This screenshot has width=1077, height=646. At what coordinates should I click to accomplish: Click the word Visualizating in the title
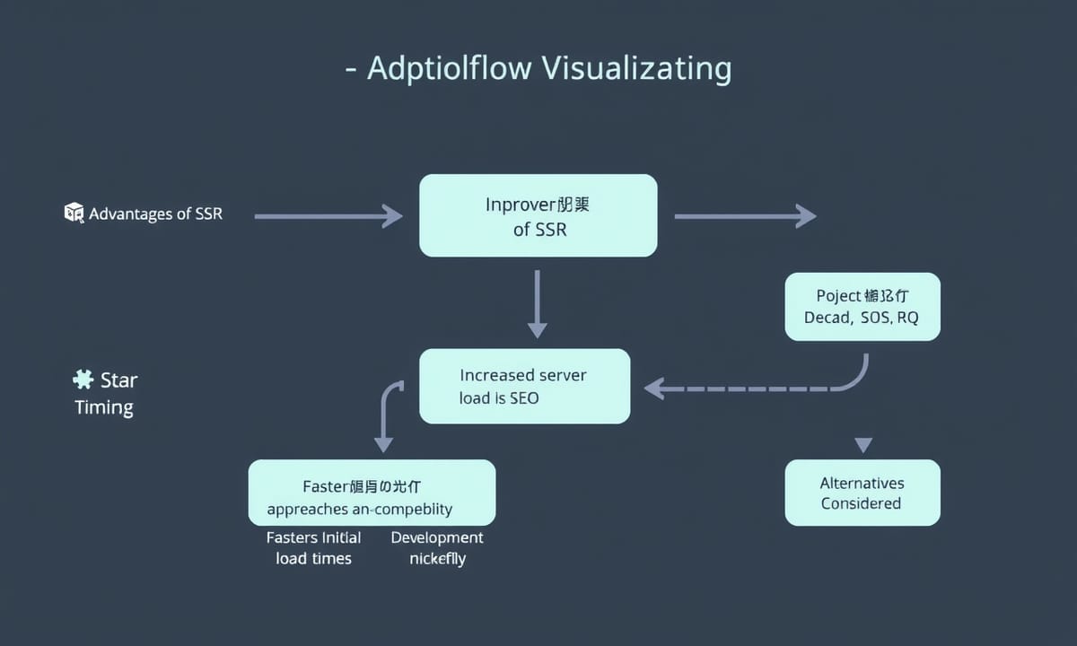click(636, 68)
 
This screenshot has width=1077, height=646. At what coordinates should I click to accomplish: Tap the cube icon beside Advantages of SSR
click(74, 213)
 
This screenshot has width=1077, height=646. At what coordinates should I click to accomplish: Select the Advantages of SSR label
click(155, 214)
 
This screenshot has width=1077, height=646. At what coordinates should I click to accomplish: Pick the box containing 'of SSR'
click(538, 215)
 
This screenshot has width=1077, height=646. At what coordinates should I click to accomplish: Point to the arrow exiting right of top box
click(744, 215)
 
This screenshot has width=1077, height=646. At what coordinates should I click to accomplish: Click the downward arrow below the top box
click(537, 304)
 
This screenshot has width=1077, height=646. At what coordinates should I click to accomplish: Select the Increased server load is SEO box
click(524, 386)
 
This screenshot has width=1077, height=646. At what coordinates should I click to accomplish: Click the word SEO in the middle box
click(524, 397)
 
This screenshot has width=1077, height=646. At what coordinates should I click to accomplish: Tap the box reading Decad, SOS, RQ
click(862, 307)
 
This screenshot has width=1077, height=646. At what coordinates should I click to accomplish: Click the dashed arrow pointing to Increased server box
click(745, 388)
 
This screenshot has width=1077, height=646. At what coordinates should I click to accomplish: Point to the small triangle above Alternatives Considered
click(863, 444)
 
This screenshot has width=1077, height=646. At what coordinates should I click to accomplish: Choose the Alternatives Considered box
click(862, 493)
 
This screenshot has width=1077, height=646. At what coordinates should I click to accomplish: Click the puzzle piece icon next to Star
click(83, 380)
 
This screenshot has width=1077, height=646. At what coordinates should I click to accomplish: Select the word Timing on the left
click(104, 407)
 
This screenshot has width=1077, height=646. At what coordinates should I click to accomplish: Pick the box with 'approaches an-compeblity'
click(372, 493)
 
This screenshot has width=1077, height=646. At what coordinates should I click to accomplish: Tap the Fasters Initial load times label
click(313, 548)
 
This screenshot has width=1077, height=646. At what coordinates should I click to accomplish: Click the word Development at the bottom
click(437, 537)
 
